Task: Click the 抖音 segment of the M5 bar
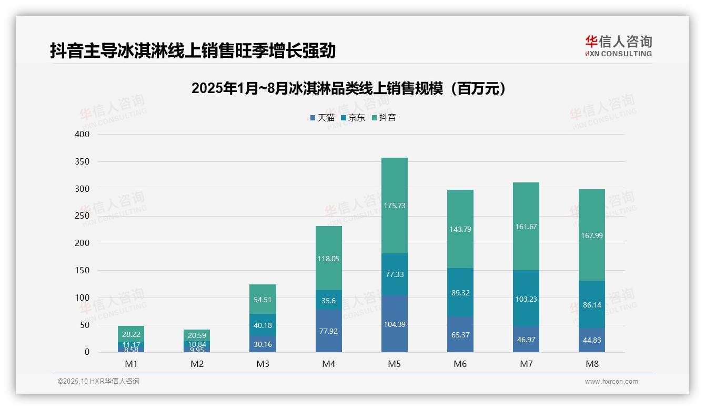pos(394,206)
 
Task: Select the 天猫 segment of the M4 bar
pos(328,331)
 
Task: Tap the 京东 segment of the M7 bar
pos(526,299)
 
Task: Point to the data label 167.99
pos(592,235)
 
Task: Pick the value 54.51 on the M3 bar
pos(263,300)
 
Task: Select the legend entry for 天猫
pos(322,118)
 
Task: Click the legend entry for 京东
pos(352,118)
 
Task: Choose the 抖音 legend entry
pos(384,118)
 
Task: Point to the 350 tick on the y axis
pos(82,161)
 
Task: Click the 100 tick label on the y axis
pos(82,298)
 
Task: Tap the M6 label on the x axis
pos(460,364)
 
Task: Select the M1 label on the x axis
pos(131,364)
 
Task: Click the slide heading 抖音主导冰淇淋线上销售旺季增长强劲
pos(193,51)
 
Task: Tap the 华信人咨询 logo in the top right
pos(618,46)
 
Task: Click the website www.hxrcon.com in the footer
pos(611,382)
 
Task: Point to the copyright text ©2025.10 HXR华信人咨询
pos(98,382)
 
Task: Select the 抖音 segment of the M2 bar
pos(197,335)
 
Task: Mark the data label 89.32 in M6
pos(460,293)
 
